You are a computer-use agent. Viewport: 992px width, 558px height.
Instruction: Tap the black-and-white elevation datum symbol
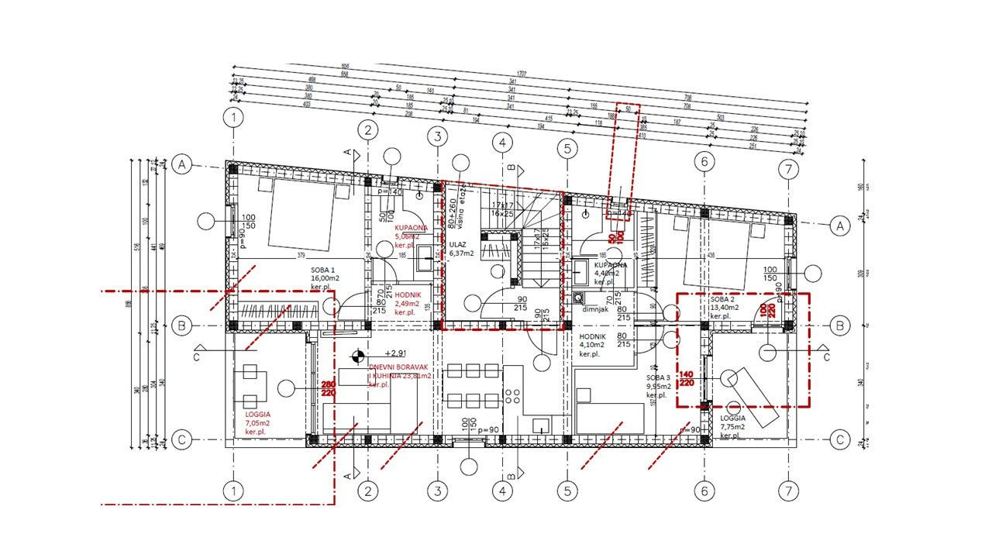pyautogui.click(x=356, y=356)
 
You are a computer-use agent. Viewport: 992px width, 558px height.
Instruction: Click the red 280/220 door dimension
pyautogui.click(x=329, y=389)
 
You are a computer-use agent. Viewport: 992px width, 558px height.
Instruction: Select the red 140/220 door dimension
pyautogui.click(x=686, y=379)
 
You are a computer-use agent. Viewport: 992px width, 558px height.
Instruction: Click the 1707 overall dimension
pyautogui.click(x=522, y=73)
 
